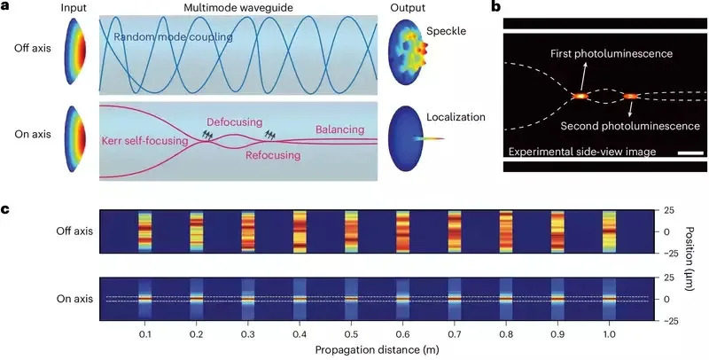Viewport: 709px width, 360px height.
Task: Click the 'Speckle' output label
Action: tap(445, 31)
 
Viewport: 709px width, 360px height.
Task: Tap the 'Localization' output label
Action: tap(456, 118)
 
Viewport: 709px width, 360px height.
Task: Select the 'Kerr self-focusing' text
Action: tap(144, 142)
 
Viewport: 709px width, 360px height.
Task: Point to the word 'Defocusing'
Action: tap(234, 122)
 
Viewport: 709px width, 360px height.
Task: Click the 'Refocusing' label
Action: tap(273, 156)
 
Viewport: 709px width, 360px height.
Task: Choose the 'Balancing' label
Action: tap(339, 130)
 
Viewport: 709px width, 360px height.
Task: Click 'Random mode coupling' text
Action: tap(173, 37)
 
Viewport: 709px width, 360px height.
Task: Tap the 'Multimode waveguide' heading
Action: tap(237, 8)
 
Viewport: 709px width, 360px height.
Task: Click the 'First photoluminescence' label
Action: tap(612, 54)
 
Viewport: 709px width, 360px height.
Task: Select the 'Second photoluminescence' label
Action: tap(630, 126)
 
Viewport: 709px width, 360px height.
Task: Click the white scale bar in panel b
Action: tap(691, 153)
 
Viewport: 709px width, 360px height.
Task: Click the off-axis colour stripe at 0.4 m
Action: tap(300, 231)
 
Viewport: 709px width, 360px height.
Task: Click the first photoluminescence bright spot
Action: tap(580, 96)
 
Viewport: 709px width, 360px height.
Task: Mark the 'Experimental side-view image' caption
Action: tap(582, 152)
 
